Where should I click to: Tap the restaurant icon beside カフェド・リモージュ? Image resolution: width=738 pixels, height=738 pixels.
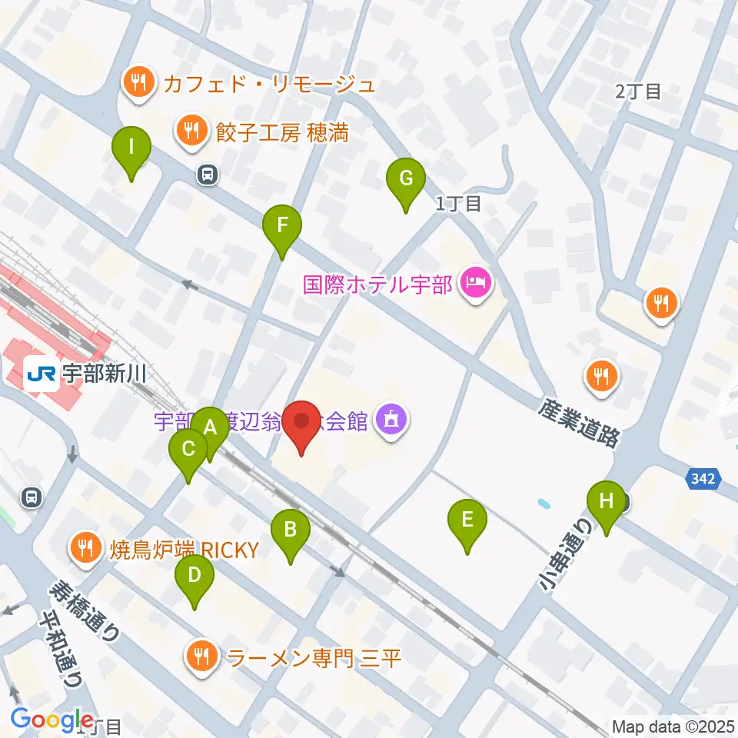(x=138, y=83)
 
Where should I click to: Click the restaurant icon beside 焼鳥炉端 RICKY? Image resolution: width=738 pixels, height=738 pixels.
(x=85, y=549)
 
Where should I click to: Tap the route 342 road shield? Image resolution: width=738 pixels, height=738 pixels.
(x=702, y=479)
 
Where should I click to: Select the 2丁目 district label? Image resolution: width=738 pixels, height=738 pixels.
(x=638, y=91)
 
